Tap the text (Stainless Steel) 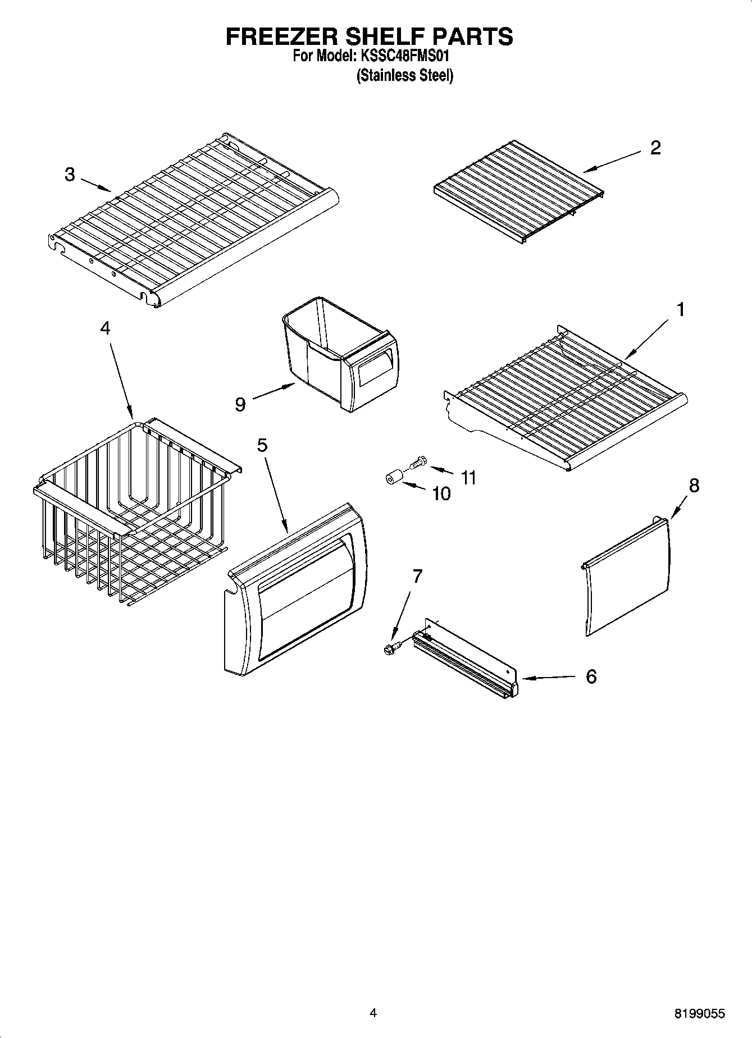404,75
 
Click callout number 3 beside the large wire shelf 69,175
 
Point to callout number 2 655,148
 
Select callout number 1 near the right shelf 680,309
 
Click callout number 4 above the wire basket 105,328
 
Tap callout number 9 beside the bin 240,404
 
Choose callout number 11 468,478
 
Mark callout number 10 441,493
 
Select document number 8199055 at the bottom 699,1013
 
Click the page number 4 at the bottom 373,1013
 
